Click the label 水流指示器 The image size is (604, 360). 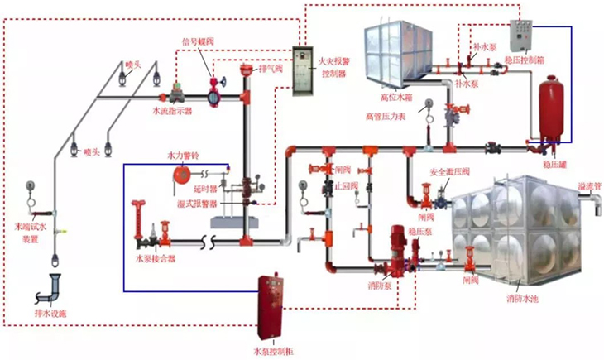172,108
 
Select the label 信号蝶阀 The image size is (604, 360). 198,41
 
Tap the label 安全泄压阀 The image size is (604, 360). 449,172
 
